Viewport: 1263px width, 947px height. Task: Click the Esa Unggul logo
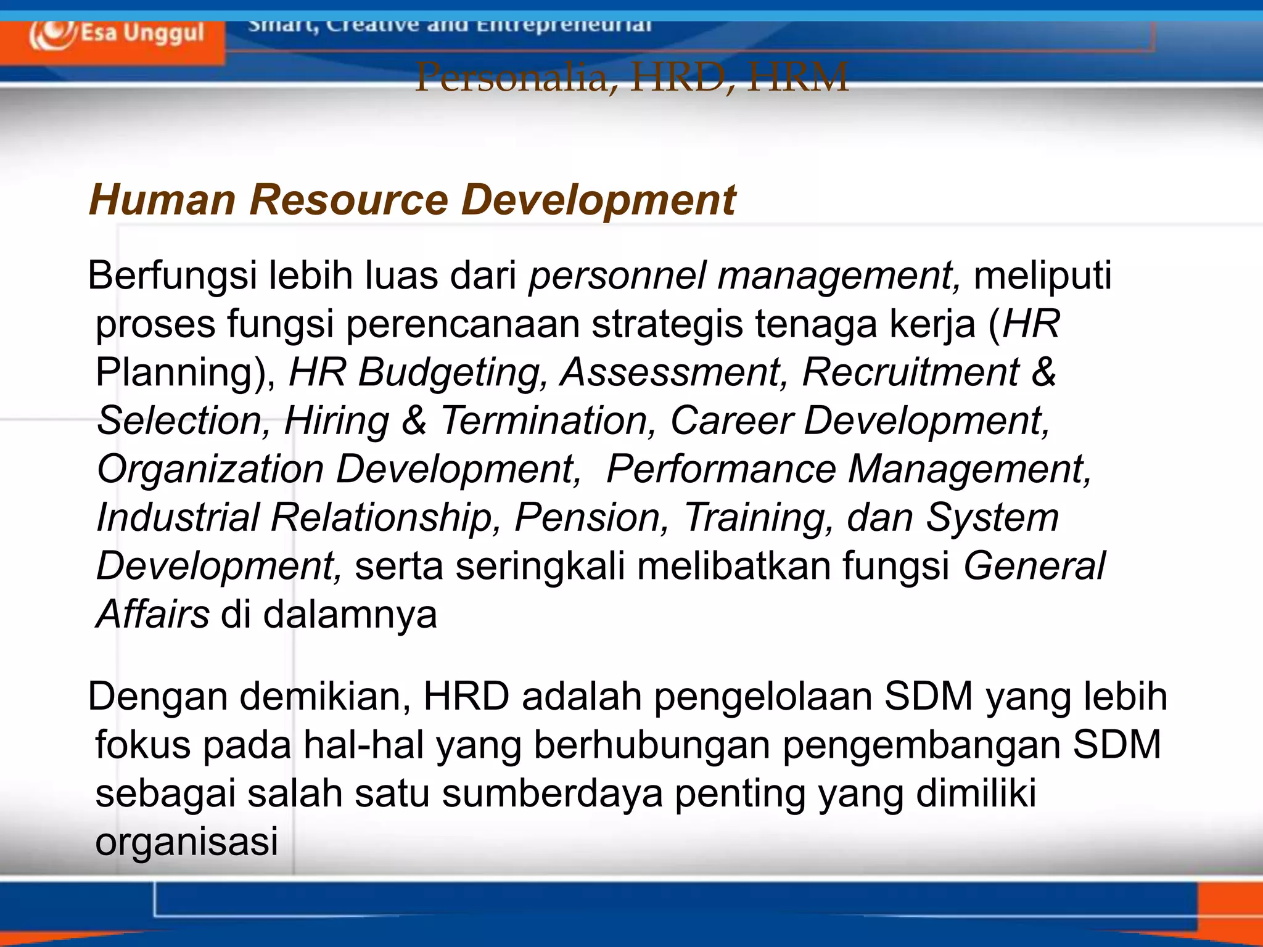116,34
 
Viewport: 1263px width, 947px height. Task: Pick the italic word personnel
617,275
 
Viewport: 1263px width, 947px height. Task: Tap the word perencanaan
463,324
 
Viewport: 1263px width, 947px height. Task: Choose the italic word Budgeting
453,372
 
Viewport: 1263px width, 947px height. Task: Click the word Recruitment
910,372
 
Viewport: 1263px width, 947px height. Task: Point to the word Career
731,420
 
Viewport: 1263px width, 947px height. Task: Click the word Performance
721,469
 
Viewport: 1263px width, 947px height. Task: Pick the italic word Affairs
153,614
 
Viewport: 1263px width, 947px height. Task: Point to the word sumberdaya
553,793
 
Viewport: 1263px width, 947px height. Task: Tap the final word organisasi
187,842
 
